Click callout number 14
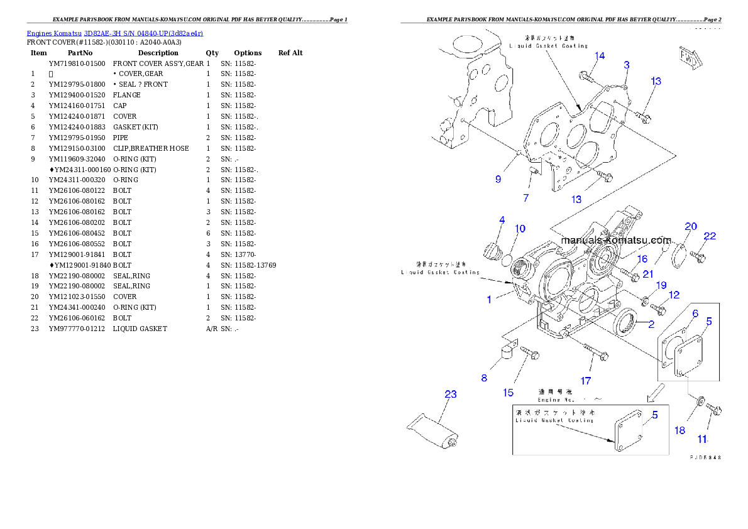pyautogui.click(x=600, y=56)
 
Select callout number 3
pyautogui.click(x=627, y=65)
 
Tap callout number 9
pyautogui.click(x=498, y=179)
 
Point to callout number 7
pyautogui.click(x=526, y=198)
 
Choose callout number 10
pyautogui.click(x=520, y=229)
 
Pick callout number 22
pyautogui.click(x=710, y=236)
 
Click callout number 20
pyautogui.click(x=691, y=226)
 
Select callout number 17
pyautogui.click(x=586, y=381)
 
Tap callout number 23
pyautogui.click(x=451, y=395)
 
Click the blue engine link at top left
pyautogui.click(x=114, y=33)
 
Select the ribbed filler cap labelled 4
pyautogui.click(x=492, y=252)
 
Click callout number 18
pyautogui.click(x=680, y=430)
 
